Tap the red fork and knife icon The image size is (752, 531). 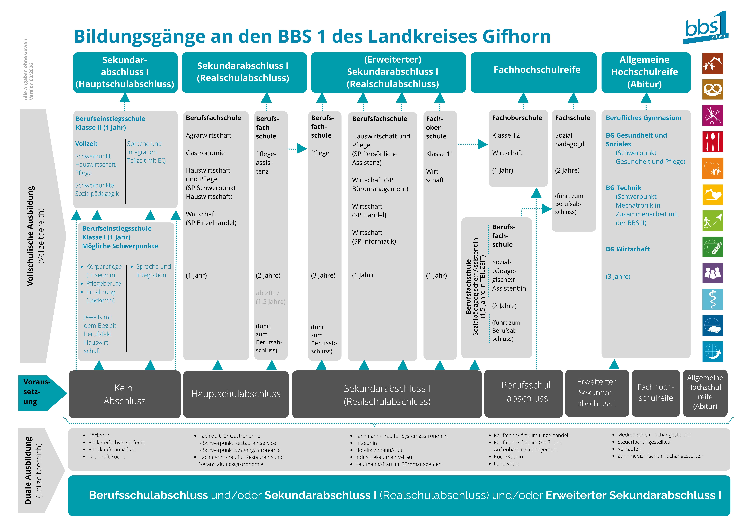click(713, 142)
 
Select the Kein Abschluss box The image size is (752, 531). click(124, 394)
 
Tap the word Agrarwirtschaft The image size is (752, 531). click(209, 135)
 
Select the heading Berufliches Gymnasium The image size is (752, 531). click(643, 118)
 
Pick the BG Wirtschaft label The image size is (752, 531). click(628, 249)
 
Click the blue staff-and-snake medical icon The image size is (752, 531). click(713, 299)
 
